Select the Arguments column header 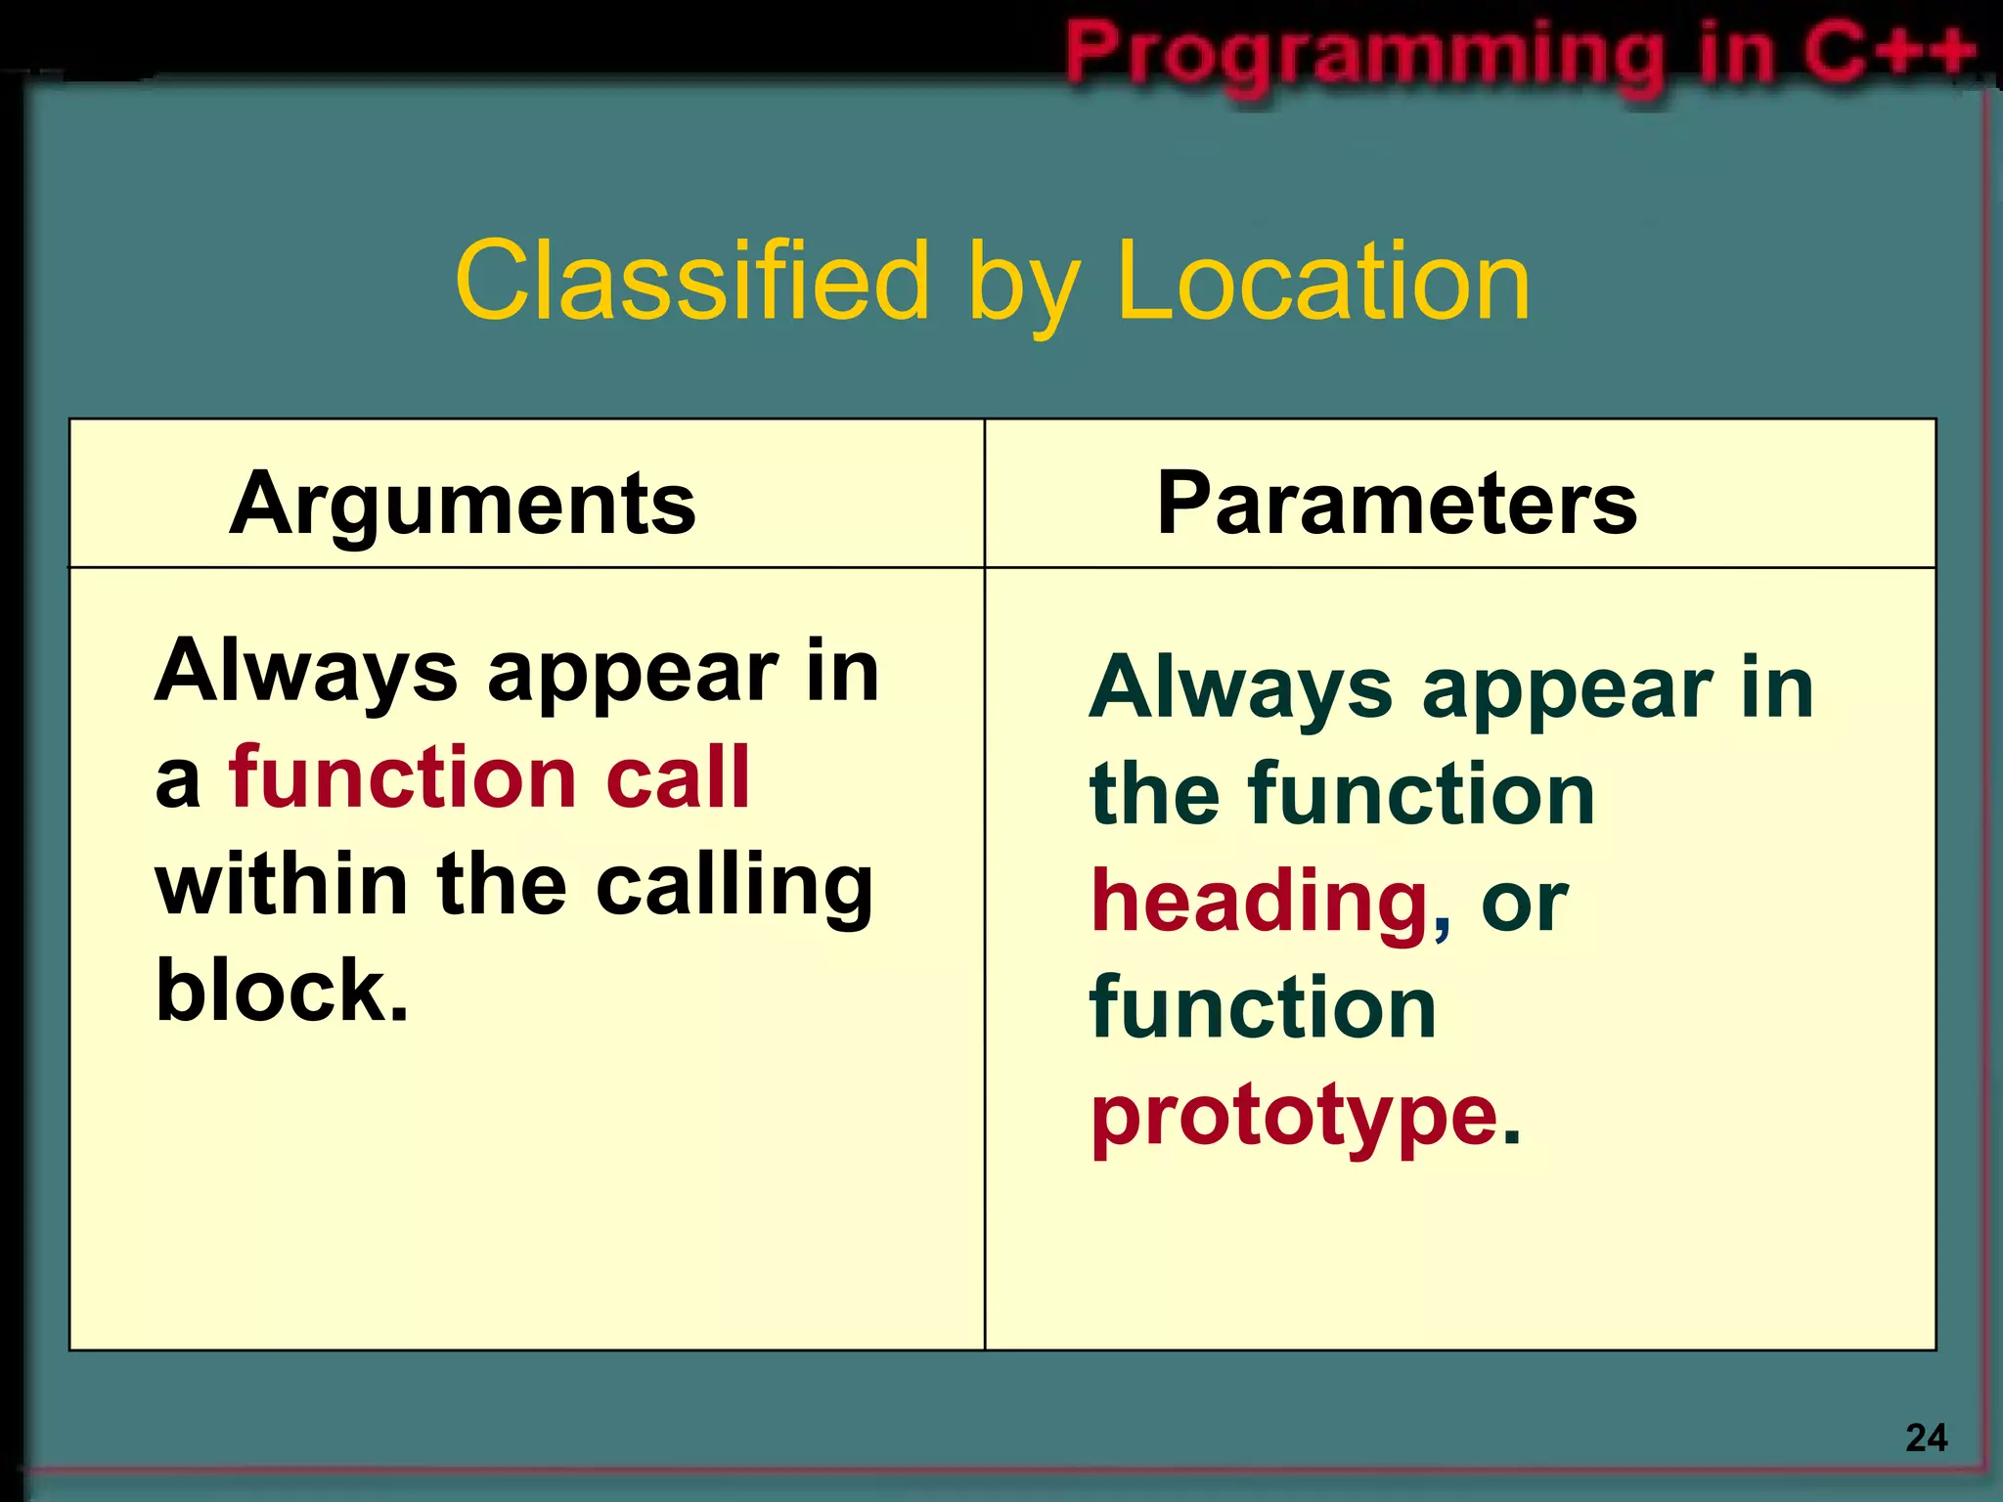462,504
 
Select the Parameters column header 1397,504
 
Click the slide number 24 1926,1437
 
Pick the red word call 677,777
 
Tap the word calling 734,885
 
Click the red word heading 1260,902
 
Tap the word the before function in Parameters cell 1154,794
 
